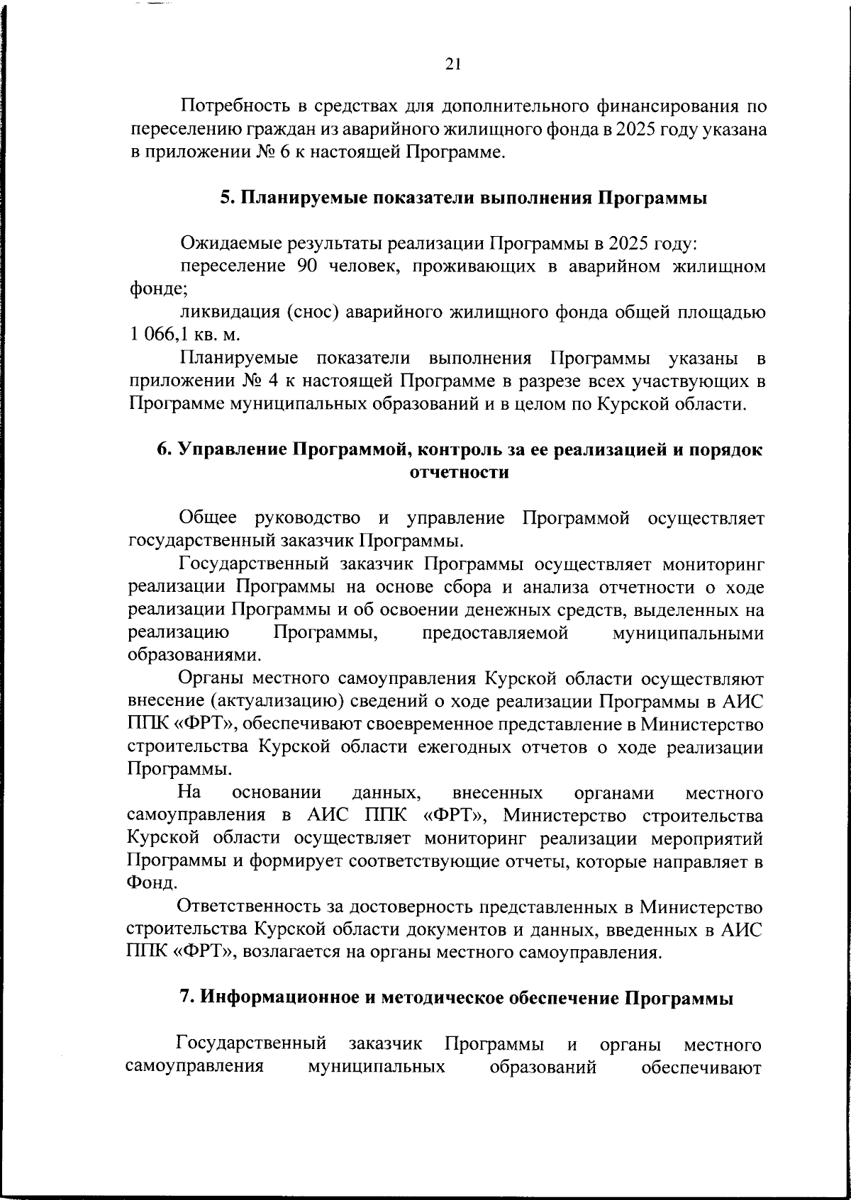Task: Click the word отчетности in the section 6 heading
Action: pos(460,473)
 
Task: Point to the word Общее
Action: pos(207,519)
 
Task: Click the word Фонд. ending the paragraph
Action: pos(147,884)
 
